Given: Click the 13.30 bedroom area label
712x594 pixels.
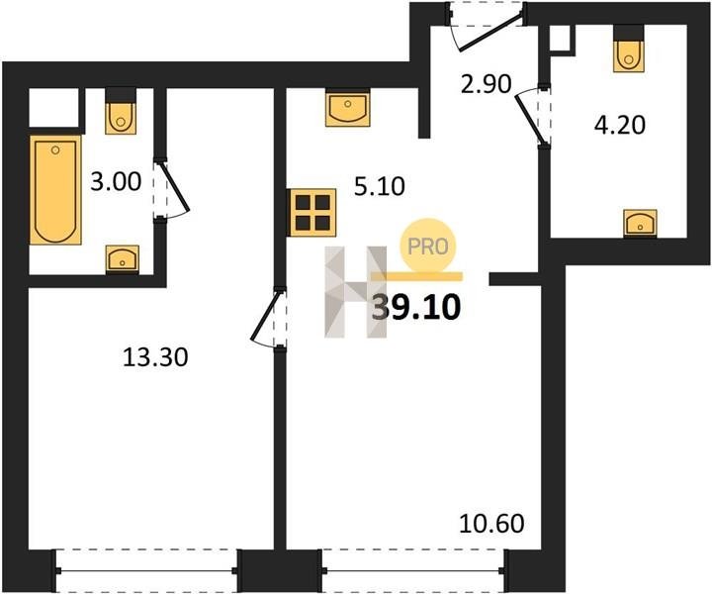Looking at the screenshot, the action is coord(155,357).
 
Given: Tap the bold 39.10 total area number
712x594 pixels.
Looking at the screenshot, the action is coord(416,307).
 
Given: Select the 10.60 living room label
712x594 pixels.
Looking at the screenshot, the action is coord(491,523).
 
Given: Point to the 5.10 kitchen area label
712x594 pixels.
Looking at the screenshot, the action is coord(379,186).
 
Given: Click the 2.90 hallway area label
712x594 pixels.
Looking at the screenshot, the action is coord(486,83).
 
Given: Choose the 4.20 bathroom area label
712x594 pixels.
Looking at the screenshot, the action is coord(620,125).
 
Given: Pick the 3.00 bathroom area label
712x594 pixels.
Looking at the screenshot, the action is coord(116,182).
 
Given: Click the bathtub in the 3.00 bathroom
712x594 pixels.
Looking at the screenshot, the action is coord(55,190).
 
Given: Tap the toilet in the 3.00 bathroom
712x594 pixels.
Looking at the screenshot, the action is coord(121,111).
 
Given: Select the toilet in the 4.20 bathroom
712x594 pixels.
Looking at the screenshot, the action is coord(629,49).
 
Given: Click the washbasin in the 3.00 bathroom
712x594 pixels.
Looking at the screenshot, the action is coord(123,258).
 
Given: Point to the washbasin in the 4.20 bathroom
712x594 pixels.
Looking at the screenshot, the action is coord(640,223).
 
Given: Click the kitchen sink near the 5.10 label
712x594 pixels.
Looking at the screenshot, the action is coord(348,108).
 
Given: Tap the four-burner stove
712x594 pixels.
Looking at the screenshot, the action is coord(313,212).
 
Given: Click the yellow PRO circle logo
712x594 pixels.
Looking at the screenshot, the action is coord(427,246).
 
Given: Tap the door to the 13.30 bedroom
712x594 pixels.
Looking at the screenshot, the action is coord(268,318).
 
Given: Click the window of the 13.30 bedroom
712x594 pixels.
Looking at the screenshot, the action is coord(146,570).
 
